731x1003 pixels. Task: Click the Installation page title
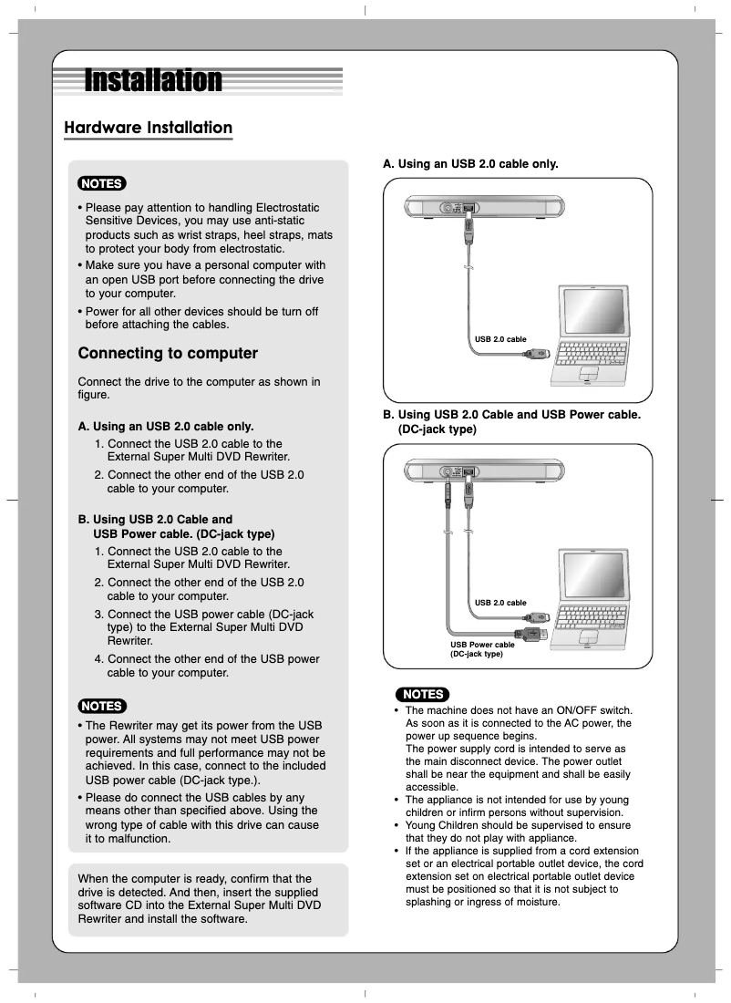pyautogui.click(x=153, y=81)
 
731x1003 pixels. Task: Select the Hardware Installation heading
pyautogui.click(x=148, y=128)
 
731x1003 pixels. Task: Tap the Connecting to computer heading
pyautogui.click(x=168, y=353)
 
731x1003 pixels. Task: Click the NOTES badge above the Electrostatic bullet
pyautogui.click(x=102, y=183)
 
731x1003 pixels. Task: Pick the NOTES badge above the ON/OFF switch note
pyautogui.click(x=424, y=694)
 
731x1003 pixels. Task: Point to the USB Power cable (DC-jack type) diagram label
pyautogui.click(x=482, y=649)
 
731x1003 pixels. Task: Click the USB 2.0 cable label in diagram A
pyautogui.click(x=500, y=339)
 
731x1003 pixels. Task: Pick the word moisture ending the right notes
pyautogui.click(x=532, y=902)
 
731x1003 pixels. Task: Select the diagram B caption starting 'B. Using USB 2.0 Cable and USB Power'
pyautogui.click(x=511, y=421)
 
